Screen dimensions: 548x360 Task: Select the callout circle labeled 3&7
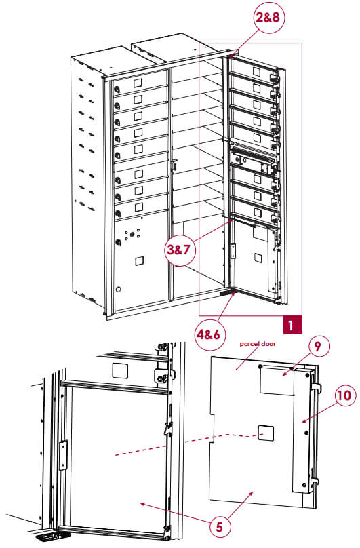[x=181, y=249]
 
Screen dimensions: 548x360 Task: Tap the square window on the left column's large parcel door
[x=140, y=260]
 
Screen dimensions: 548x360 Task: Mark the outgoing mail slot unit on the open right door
[x=253, y=160]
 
